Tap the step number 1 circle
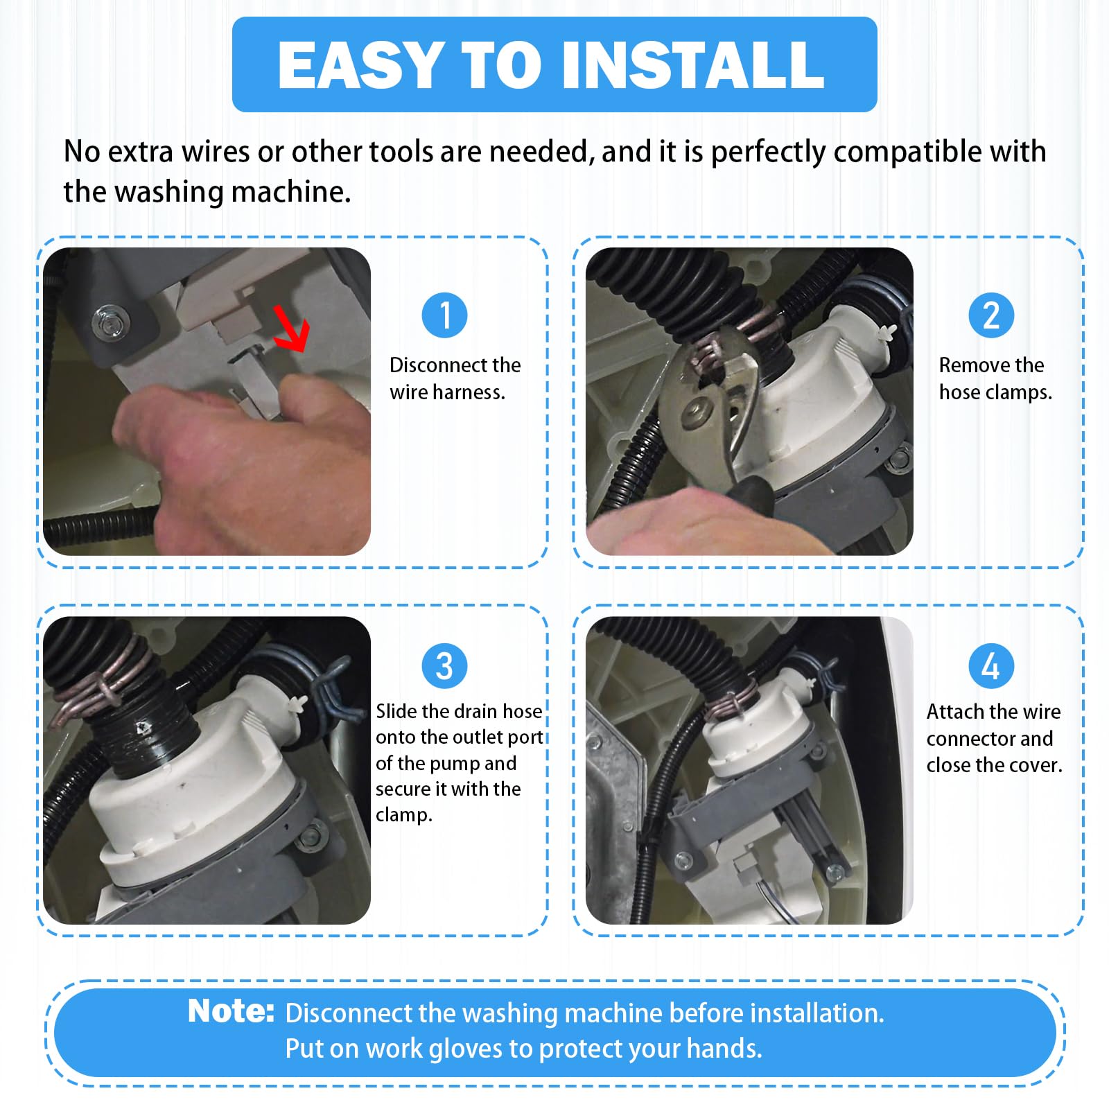[x=444, y=315]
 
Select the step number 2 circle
[x=991, y=315]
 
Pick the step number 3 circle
[x=444, y=666]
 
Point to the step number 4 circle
[x=991, y=666]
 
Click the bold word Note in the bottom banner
[x=231, y=1011]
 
